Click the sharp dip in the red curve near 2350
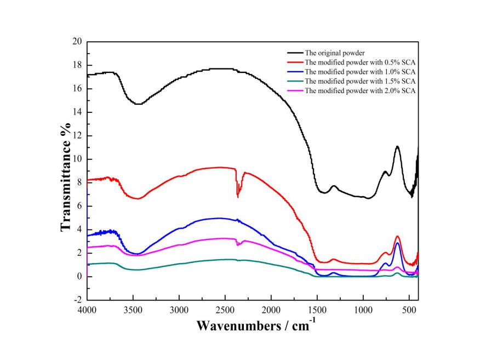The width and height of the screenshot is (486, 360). pyautogui.click(x=237, y=196)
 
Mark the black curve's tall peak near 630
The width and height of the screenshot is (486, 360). pyautogui.click(x=397, y=146)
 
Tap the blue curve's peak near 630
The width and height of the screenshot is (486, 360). pyautogui.click(x=397, y=243)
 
